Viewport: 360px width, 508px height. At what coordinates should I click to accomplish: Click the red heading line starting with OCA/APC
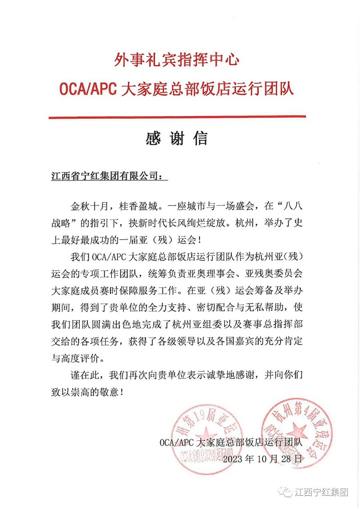(176, 88)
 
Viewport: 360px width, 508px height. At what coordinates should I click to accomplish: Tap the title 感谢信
(176, 138)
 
